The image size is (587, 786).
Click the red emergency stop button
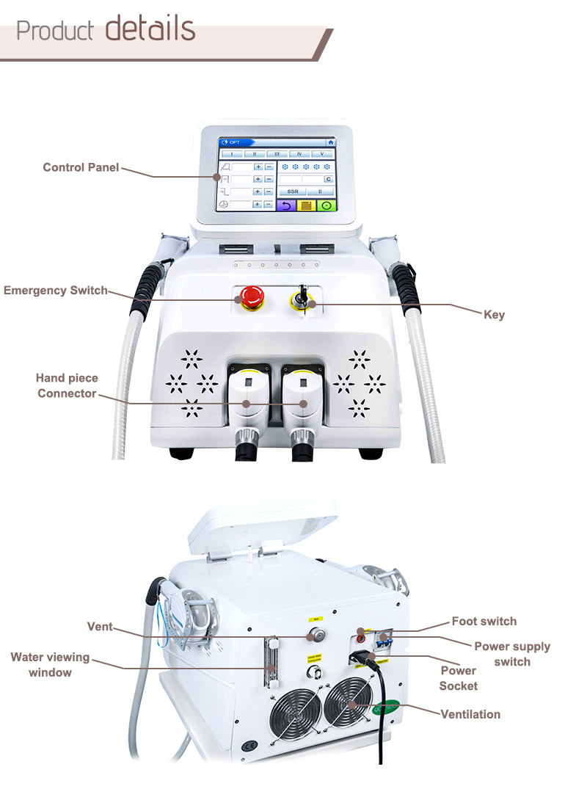click(x=250, y=297)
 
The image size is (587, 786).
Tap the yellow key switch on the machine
click(x=302, y=299)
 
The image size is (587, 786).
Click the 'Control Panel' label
click(x=81, y=168)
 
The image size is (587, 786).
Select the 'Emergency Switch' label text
click(x=55, y=291)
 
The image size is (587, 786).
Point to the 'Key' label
click(x=494, y=315)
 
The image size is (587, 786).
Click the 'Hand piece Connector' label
click(x=67, y=386)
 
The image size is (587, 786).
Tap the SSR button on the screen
click(x=292, y=191)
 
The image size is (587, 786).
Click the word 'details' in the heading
click(x=150, y=29)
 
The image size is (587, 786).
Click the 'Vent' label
click(x=100, y=627)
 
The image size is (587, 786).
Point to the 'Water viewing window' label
click(x=50, y=664)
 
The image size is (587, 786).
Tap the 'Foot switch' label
click(x=484, y=622)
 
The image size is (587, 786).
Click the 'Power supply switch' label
click(x=511, y=654)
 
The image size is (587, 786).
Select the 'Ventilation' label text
click(x=470, y=714)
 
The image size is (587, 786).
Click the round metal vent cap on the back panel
click(x=316, y=635)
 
